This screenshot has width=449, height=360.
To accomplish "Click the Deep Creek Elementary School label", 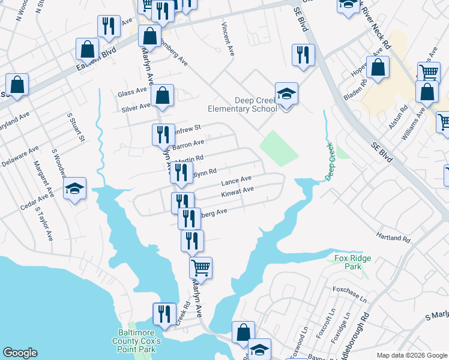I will [x=242, y=104].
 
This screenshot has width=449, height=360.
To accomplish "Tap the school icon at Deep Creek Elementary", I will [x=287, y=94].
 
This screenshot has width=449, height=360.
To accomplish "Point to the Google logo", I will [x=20, y=353].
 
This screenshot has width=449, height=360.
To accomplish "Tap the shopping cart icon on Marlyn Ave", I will [x=201, y=267].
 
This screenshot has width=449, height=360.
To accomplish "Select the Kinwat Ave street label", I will [x=238, y=190].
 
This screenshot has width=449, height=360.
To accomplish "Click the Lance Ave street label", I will [x=236, y=180].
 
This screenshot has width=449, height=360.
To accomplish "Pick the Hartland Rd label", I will [x=393, y=238].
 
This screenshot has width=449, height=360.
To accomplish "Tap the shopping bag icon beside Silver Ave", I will [x=162, y=95].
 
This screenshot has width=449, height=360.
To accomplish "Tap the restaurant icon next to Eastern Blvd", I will [x=109, y=26].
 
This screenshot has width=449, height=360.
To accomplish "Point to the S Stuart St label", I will [x=75, y=127].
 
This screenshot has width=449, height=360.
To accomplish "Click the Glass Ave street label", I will [x=132, y=92].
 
